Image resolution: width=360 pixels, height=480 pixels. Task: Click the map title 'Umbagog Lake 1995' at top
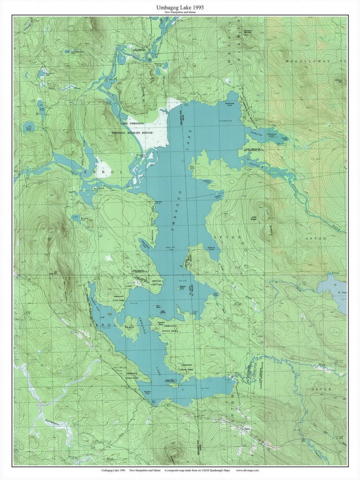tap(180, 7)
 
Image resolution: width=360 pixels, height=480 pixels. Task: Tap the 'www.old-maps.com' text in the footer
tap(247, 471)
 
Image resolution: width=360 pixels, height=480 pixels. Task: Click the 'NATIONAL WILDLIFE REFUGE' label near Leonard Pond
tap(132, 133)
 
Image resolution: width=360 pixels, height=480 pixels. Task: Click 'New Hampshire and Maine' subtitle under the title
tap(180, 12)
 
